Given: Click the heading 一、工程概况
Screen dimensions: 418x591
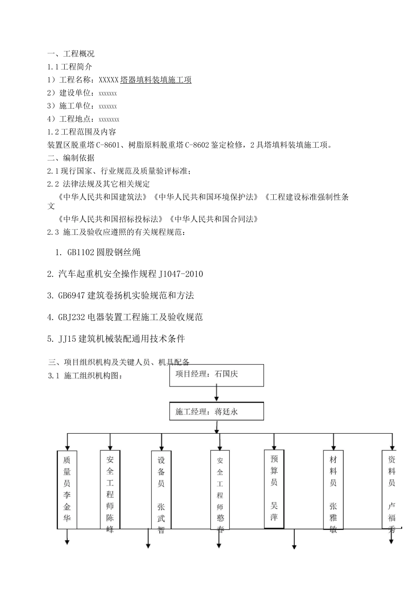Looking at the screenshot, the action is coord(71,54).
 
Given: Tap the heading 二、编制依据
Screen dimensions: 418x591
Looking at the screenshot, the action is coord(71,158).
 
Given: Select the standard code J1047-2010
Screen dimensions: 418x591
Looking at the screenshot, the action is coord(181,274).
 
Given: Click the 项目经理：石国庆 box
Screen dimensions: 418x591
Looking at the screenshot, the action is coord(217,375).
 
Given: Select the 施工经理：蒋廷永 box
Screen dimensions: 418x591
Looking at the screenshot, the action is coord(217,412).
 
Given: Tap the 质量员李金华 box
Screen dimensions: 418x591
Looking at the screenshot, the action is coord(67,489).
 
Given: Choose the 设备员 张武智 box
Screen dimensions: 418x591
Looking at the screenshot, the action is coord(161,489).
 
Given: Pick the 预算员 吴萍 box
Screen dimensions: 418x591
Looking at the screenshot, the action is coord(274,488).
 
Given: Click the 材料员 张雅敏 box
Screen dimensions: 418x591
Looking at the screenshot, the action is coord(333,489).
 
